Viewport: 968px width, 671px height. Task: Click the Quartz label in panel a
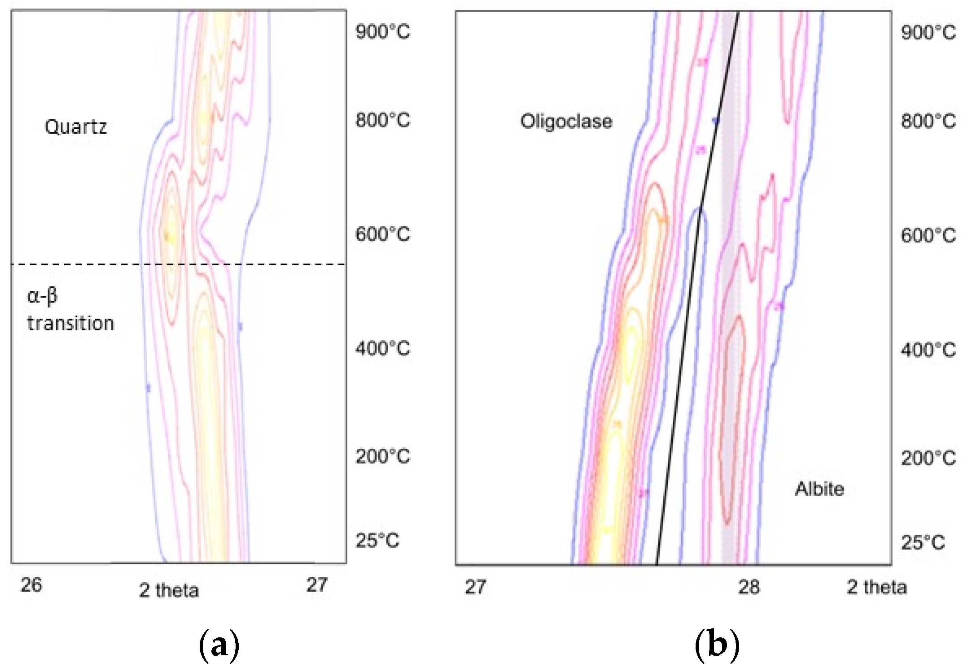pos(76,127)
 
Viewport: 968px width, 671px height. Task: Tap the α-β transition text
pos(70,310)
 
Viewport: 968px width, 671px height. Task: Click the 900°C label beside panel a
pos(382,32)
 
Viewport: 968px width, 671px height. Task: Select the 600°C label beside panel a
pos(382,234)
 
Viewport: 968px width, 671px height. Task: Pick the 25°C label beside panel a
pos(377,541)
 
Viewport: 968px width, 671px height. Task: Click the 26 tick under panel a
pos(31,585)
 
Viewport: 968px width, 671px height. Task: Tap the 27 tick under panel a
pos(317,585)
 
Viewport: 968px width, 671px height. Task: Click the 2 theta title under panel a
pos(169,591)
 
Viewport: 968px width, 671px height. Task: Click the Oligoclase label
pos(566,122)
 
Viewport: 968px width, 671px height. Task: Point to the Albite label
pos(819,489)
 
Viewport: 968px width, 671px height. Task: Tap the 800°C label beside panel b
pos(928,122)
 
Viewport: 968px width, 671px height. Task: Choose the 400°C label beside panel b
pos(928,350)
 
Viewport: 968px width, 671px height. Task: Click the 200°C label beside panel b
pos(928,458)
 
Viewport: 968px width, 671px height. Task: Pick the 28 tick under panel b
pos(749,587)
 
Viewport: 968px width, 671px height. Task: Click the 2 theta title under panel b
pos(876,587)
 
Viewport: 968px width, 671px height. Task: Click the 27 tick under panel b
pos(475,587)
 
